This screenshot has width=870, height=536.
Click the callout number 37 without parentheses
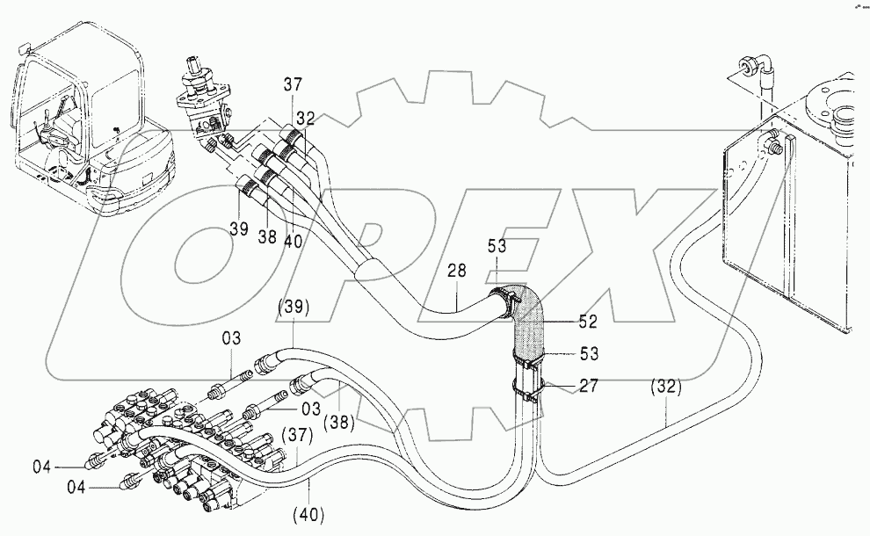293,85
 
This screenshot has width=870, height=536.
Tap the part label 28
457,271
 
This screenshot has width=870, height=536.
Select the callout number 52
588,322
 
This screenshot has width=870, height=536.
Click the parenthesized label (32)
666,387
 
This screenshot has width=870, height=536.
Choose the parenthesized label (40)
308,515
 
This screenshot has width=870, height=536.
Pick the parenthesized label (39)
294,307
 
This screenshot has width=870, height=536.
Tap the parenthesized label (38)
338,423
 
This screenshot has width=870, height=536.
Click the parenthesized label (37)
297,436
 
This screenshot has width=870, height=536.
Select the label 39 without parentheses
239,229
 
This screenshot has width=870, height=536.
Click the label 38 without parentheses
267,237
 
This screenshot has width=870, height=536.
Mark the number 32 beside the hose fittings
305,118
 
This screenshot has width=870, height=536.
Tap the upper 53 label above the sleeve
497,246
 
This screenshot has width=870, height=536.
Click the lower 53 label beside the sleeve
589,353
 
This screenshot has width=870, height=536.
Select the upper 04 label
41,467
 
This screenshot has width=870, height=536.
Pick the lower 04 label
76,488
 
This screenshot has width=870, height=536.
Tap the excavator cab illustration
94,120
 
